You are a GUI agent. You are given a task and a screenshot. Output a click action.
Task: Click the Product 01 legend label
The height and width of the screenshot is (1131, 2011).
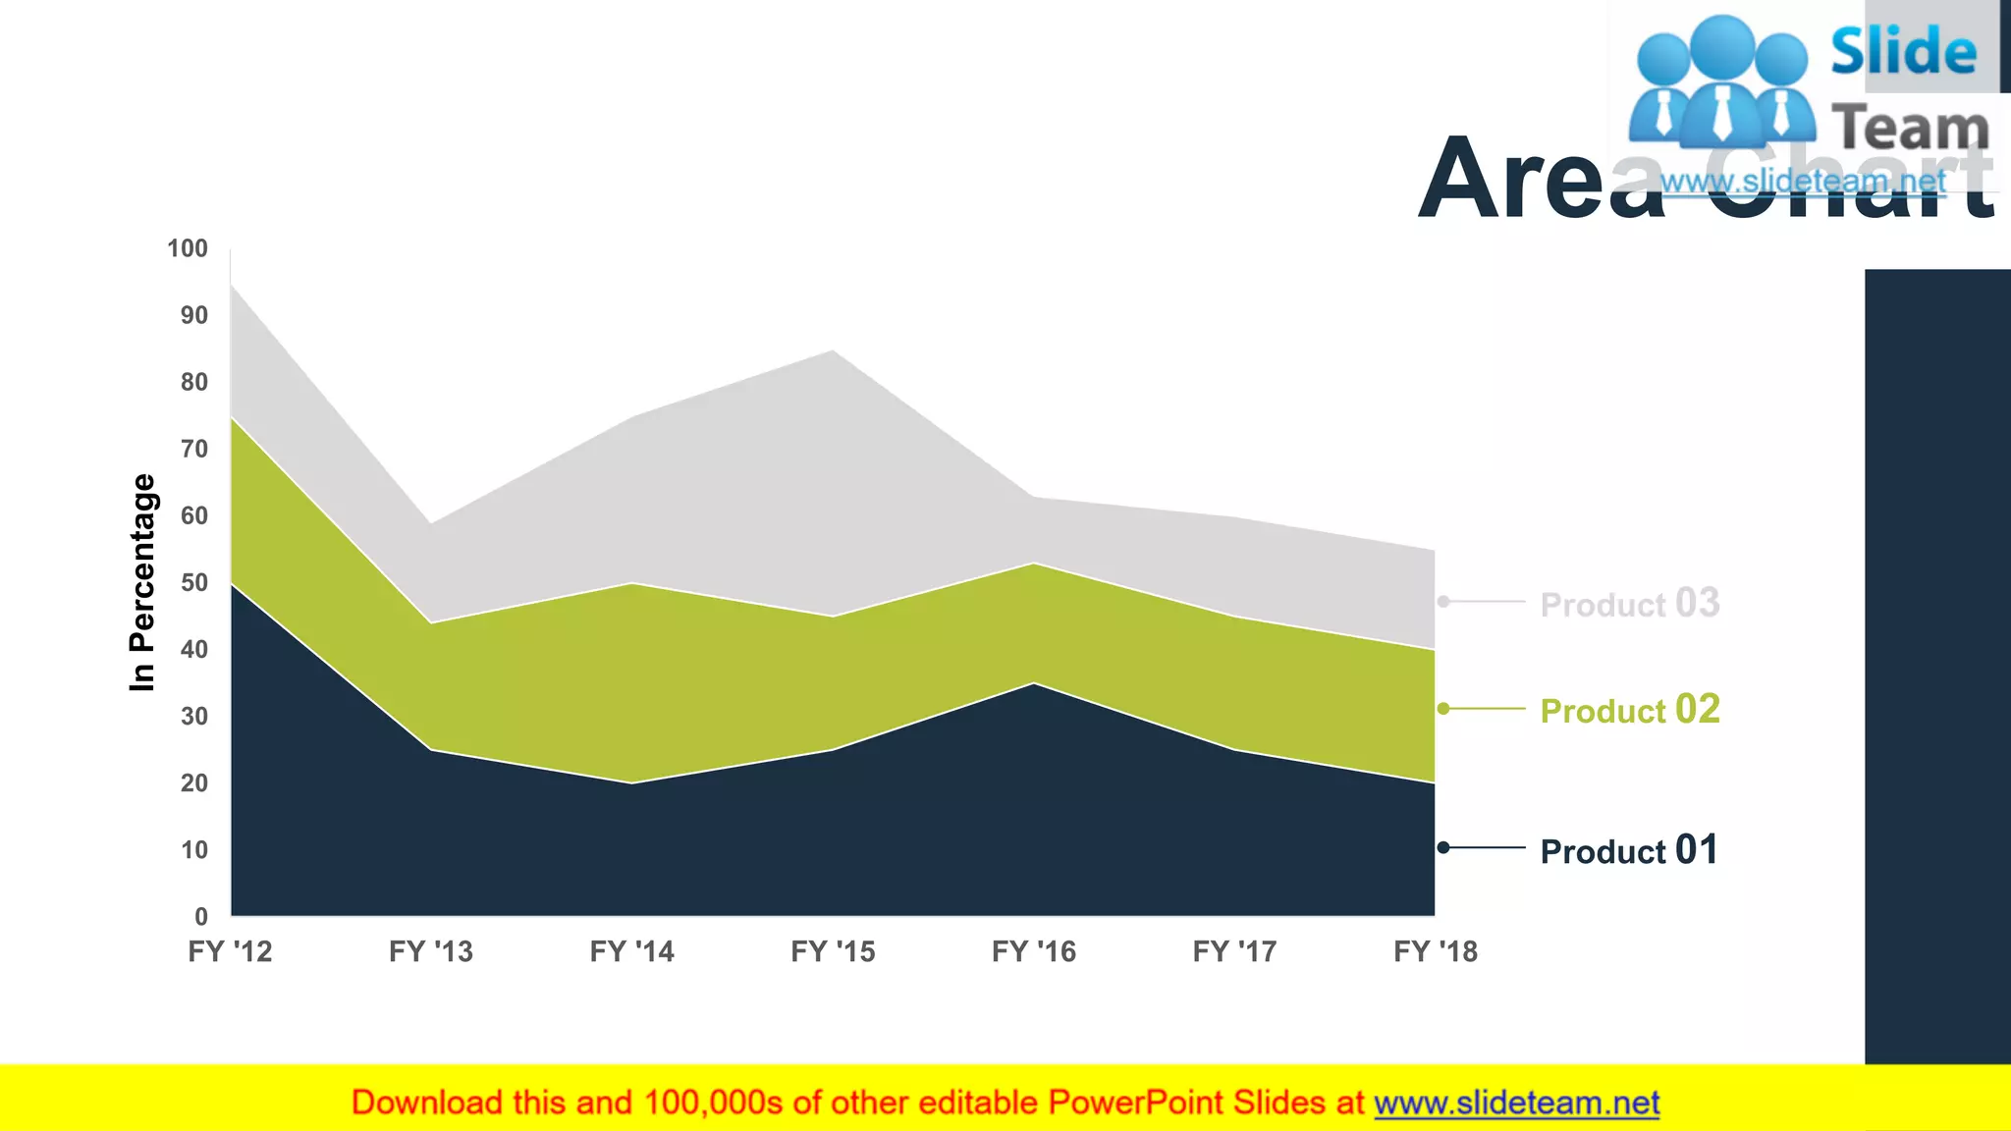tap(1629, 850)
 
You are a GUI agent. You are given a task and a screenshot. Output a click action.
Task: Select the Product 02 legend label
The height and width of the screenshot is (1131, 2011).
tap(1629, 710)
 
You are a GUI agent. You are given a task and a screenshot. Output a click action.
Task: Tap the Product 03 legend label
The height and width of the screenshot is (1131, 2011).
tap(1629, 604)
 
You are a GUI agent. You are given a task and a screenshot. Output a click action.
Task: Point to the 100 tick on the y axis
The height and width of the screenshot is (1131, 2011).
tap(188, 248)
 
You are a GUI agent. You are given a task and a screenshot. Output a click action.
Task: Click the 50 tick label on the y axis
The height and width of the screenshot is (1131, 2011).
tap(194, 583)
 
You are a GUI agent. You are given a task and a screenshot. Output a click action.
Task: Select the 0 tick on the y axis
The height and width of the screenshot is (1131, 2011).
tap(201, 917)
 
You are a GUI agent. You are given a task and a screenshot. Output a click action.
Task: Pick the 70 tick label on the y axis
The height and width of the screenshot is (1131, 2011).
tap(194, 450)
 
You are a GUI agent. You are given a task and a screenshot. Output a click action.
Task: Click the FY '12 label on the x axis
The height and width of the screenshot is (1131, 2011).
tap(230, 951)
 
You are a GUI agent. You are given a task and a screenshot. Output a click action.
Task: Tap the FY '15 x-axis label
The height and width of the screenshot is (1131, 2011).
tap(833, 951)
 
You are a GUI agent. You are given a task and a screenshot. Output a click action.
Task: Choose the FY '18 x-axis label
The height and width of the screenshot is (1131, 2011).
tap(1436, 951)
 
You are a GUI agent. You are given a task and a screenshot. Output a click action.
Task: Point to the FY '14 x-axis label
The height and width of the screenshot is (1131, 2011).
tap(631, 951)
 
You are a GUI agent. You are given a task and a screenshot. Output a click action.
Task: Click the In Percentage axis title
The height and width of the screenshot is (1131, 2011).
tap(143, 582)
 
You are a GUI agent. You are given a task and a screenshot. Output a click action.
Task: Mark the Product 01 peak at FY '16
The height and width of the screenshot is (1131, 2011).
tap(1034, 684)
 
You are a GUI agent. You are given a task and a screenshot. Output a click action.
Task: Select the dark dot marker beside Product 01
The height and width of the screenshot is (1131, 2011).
tap(1443, 847)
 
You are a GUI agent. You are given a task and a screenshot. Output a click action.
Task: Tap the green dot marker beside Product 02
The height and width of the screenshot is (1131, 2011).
tap(1443, 708)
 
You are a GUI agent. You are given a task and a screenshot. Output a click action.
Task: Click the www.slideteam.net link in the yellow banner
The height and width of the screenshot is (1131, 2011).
tap(1516, 1103)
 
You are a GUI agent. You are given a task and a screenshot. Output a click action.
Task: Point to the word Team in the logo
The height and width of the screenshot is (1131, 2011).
tap(1910, 128)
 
